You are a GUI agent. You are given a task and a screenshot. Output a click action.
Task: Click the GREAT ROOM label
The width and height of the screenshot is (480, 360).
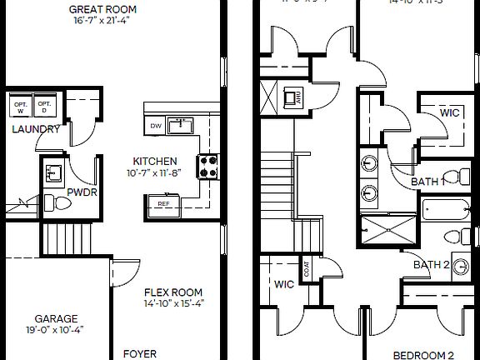click(x=103, y=9)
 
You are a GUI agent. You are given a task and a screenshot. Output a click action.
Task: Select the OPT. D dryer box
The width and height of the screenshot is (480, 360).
click(x=46, y=105)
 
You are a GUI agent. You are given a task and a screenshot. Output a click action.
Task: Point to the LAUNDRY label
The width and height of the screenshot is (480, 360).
click(x=35, y=129)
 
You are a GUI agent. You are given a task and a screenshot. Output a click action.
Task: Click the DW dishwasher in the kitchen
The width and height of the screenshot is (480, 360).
click(x=155, y=126)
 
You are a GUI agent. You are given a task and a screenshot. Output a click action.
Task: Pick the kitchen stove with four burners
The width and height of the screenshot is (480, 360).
click(x=207, y=166)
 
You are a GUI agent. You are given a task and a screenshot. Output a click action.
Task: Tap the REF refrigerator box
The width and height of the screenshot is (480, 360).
click(x=163, y=202)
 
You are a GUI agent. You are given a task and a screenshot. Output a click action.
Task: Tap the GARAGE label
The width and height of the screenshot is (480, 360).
click(x=56, y=318)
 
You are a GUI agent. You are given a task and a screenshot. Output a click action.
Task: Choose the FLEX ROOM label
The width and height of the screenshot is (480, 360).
click(x=173, y=292)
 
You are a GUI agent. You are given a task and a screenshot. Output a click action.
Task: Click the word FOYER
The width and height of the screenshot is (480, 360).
click(x=140, y=353)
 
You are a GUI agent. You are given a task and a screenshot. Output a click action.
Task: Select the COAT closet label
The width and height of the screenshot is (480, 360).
click(x=307, y=269)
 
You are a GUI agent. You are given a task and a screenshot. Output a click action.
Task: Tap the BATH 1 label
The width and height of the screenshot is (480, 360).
click(x=428, y=181)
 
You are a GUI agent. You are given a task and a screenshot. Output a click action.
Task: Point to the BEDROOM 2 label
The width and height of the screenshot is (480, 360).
click(x=423, y=353)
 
